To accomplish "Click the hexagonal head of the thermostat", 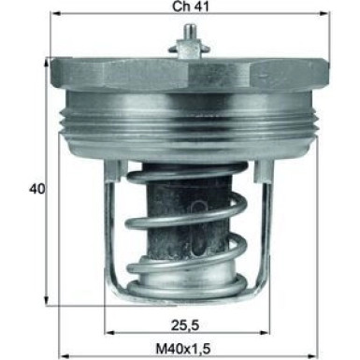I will coord(186,73).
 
